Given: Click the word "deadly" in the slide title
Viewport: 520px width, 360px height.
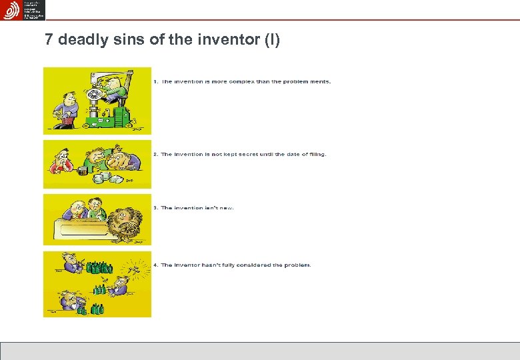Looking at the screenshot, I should (x=82, y=40).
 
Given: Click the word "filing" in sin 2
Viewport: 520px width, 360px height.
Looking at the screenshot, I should (x=315, y=155).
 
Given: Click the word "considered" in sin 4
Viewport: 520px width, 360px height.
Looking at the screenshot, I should (x=247, y=265).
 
